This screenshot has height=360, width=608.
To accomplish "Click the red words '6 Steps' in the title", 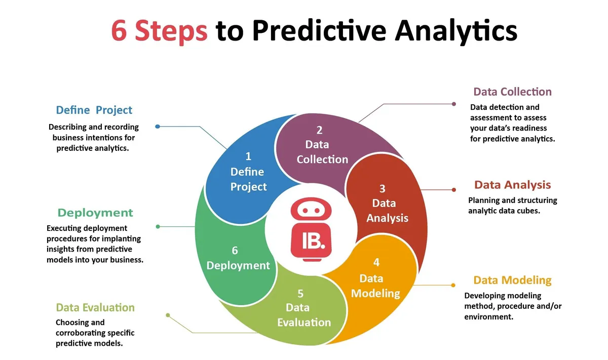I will coord(159,30).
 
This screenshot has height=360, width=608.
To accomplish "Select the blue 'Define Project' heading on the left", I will coord(94,110).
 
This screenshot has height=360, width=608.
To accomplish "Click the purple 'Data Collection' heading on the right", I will coord(512,92).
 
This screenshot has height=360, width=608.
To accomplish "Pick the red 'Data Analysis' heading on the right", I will coord(512,185).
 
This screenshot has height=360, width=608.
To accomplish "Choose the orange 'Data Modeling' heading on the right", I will coord(512,280).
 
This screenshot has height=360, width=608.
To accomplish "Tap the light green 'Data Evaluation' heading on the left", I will coord(95,307).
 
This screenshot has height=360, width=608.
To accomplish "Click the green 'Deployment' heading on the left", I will coord(95,213).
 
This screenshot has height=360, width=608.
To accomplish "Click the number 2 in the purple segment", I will coord(320,130).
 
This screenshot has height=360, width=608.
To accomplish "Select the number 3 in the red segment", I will coord(383,188).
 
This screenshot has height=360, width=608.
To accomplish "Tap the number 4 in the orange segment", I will coord(376,262).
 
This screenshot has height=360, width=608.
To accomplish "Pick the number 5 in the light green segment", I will coord(300,293).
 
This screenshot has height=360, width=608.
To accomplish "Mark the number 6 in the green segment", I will coord(235,250).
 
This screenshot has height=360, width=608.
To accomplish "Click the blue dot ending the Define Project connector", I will coord(158,127).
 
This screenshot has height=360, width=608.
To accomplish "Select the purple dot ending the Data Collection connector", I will coord(454,104).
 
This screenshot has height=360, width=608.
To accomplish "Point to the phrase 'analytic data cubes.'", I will coord(504,211).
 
